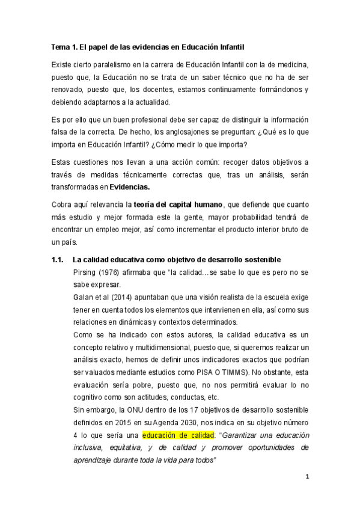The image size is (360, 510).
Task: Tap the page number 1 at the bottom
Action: [307, 477]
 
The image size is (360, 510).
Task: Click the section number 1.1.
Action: [59, 259]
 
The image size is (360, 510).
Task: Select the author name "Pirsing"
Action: [84, 272]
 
